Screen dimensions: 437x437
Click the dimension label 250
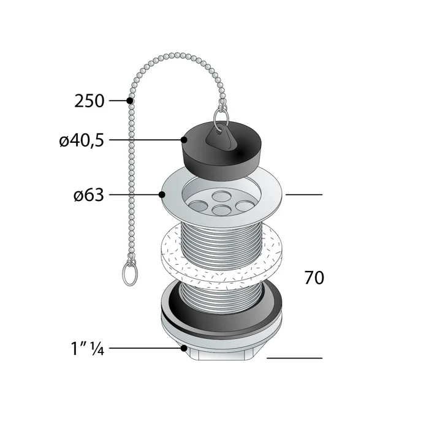click(89, 101)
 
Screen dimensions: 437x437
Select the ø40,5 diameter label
click(82, 140)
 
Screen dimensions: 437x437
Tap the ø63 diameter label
click(89, 196)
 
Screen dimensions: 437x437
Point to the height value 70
click(314, 278)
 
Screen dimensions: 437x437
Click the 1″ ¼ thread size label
click(85, 349)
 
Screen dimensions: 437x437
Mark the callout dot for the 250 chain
click(129, 101)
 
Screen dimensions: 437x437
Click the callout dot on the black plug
click(184, 140)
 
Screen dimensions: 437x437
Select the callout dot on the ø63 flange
click(162, 196)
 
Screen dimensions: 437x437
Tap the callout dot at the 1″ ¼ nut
click(184, 349)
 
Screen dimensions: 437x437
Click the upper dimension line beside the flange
click(303, 195)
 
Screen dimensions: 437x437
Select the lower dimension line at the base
click(294, 358)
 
